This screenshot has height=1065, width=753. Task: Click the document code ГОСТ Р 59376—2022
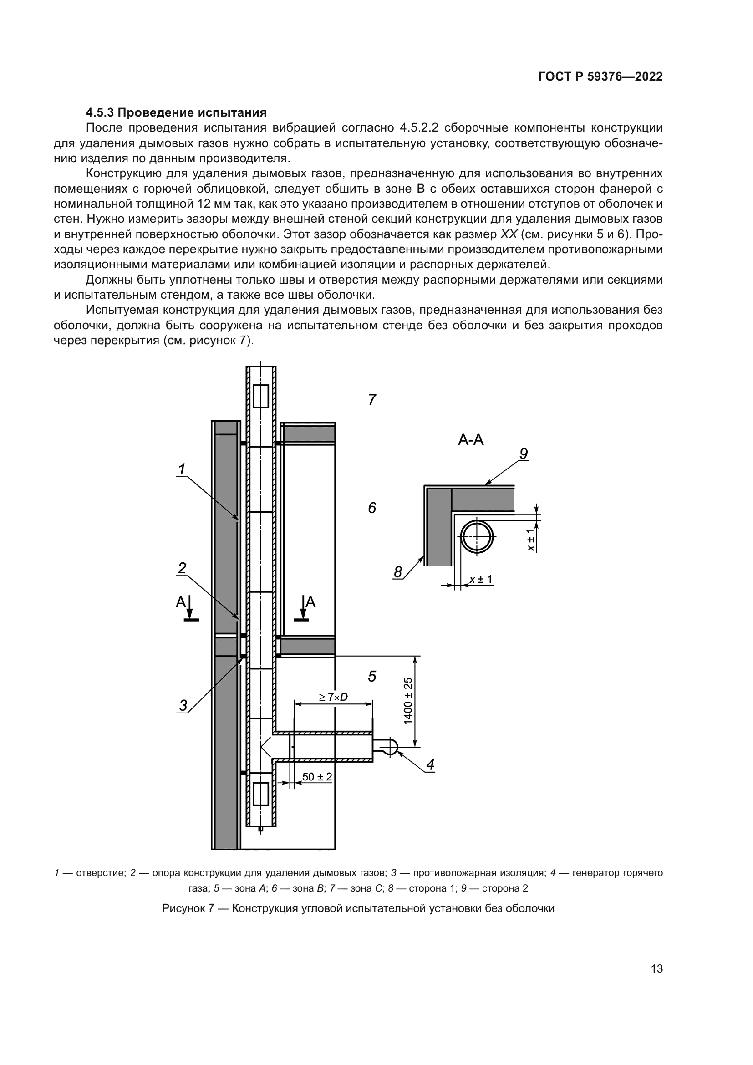[600, 76]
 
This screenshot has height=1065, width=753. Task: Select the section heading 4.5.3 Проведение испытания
[176, 112]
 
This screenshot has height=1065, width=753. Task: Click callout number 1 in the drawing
[182, 469]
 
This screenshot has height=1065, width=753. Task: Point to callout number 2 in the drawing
[182, 568]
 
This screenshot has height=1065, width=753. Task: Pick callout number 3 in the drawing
[183, 705]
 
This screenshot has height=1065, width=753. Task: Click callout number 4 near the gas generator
[431, 764]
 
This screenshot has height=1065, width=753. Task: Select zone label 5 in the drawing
[372, 676]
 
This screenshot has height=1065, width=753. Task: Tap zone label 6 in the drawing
[372, 509]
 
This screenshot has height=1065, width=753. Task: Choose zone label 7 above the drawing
[372, 399]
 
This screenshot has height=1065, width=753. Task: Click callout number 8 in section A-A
[398, 572]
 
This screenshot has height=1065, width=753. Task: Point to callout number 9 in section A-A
[524, 454]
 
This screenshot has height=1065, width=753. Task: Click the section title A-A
[471, 440]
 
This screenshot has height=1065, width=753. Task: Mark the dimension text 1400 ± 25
[407, 700]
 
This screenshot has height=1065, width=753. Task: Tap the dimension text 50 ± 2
[317, 776]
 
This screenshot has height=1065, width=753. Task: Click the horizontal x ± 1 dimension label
[481, 579]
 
